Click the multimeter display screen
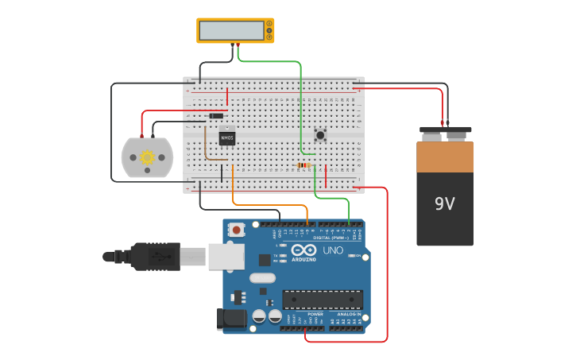[231, 30]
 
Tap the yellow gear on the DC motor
[147, 157]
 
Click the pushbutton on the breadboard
[320, 135]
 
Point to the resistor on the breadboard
[303, 166]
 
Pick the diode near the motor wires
[215, 116]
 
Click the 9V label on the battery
[444, 203]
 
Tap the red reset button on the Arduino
[236, 230]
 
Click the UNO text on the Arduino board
[333, 250]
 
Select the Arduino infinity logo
[309, 250]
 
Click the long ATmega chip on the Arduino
[323, 300]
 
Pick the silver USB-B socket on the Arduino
[226, 256]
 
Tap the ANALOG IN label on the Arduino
[349, 314]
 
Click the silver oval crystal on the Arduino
[261, 278]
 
